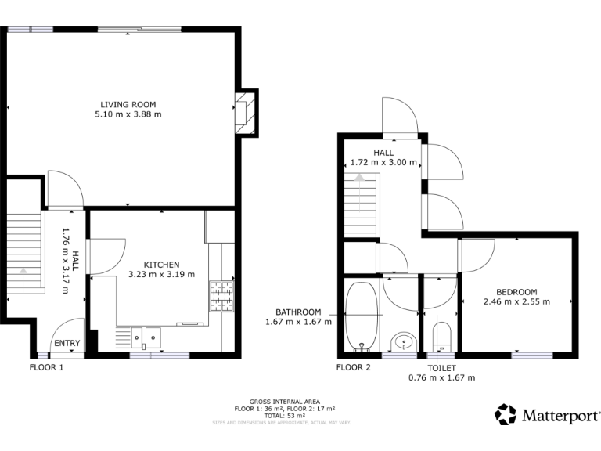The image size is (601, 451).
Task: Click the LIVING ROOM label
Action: tap(128, 104)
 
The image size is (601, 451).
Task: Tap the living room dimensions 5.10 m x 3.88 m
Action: tap(128, 114)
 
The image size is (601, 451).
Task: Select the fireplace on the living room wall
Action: tap(246, 112)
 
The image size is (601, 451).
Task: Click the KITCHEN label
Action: tap(161, 265)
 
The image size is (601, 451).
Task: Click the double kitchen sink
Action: tap(146, 337)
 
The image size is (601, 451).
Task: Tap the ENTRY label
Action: tap(67, 343)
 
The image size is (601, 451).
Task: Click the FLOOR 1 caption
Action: tap(46, 366)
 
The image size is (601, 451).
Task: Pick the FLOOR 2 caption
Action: tap(353, 366)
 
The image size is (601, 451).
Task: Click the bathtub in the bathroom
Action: tap(362, 315)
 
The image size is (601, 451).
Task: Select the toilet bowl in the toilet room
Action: tap(441, 335)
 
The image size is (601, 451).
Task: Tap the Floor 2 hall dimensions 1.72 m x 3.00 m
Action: tap(383, 163)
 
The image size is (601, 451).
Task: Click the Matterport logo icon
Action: tap(506, 414)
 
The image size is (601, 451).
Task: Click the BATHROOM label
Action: tap(297, 312)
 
